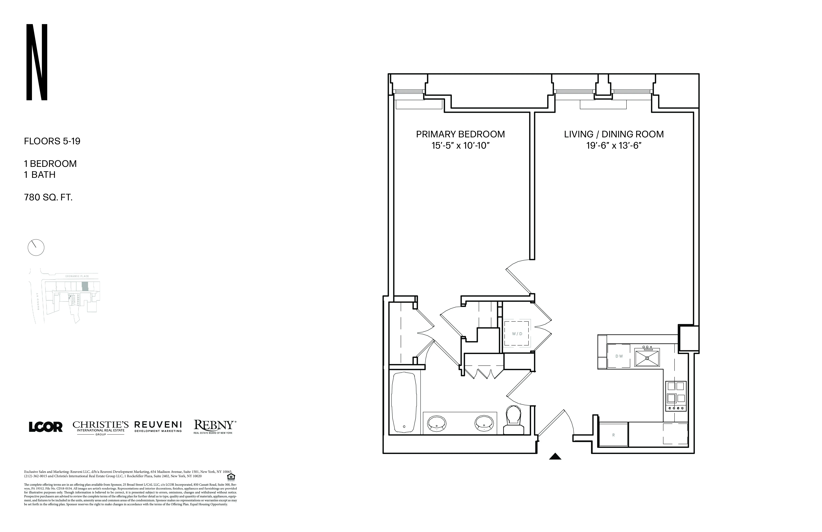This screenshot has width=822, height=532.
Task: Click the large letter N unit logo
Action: click(x=37, y=62)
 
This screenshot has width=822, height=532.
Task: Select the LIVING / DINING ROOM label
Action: click(x=614, y=134)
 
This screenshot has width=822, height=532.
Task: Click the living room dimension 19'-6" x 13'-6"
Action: click(x=614, y=146)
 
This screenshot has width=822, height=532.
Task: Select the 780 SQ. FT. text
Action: click(x=48, y=198)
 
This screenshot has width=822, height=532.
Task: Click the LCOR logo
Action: click(x=46, y=427)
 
